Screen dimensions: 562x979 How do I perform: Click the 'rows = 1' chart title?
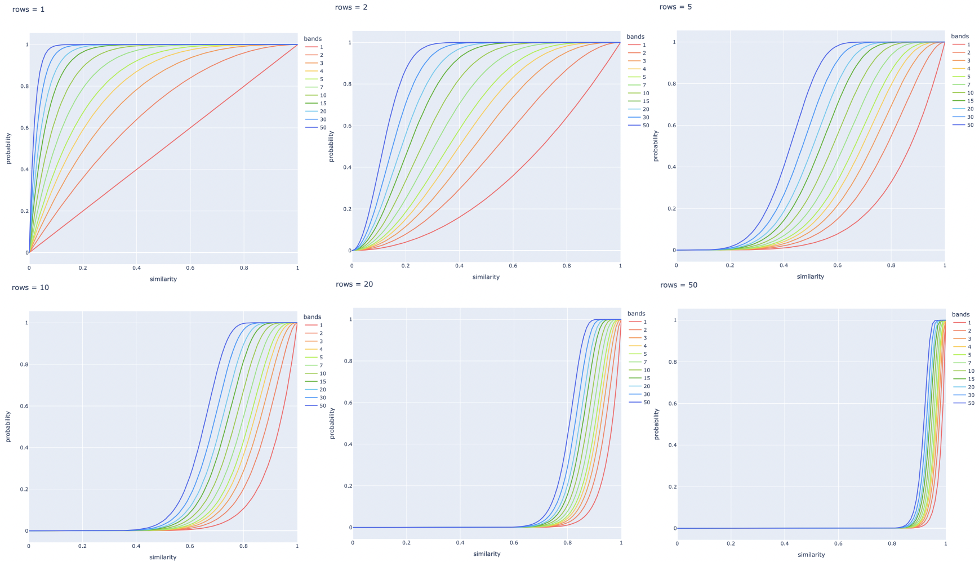click(x=28, y=10)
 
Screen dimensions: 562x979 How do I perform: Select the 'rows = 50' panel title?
click(x=679, y=285)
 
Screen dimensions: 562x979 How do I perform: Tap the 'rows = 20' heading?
click(x=354, y=284)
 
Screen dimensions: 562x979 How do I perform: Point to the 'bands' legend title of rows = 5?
click(x=960, y=36)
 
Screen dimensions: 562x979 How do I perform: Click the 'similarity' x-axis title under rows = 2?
click(x=486, y=277)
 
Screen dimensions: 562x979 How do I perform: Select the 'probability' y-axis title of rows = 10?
click(x=8, y=426)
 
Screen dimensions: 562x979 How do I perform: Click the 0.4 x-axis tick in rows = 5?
click(x=784, y=265)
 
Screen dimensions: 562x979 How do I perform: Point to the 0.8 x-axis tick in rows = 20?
click(x=568, y=543)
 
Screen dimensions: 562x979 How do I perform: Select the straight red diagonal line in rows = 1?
click(x=163, y=149)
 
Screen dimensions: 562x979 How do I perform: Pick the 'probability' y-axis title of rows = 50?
click(x=656, y=424)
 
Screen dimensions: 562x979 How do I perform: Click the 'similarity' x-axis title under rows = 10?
click(x=163, y=557)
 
